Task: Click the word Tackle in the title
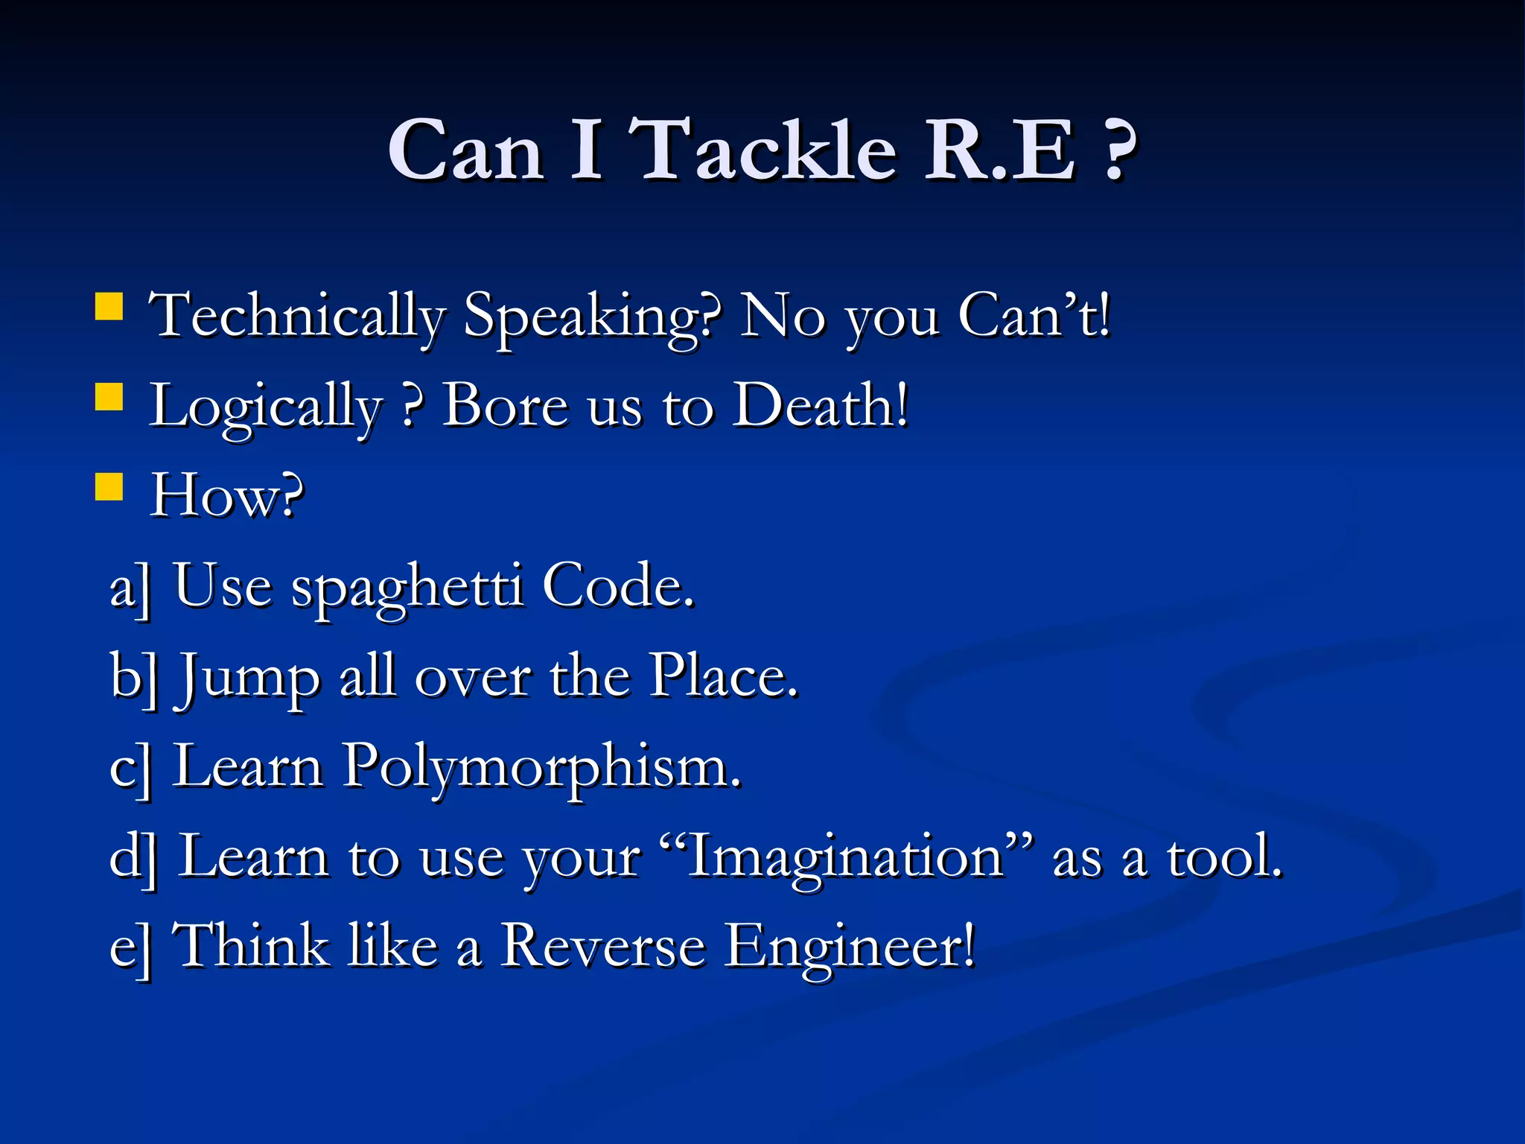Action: point(767,150)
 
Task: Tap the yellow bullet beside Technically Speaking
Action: point(109,306)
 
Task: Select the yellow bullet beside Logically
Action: point(109,397)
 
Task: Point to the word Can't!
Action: point(1034,317)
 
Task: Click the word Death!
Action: point(821,406)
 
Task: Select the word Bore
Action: point(505,406)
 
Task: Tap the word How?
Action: point(227,495)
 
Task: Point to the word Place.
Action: point(722,676)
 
